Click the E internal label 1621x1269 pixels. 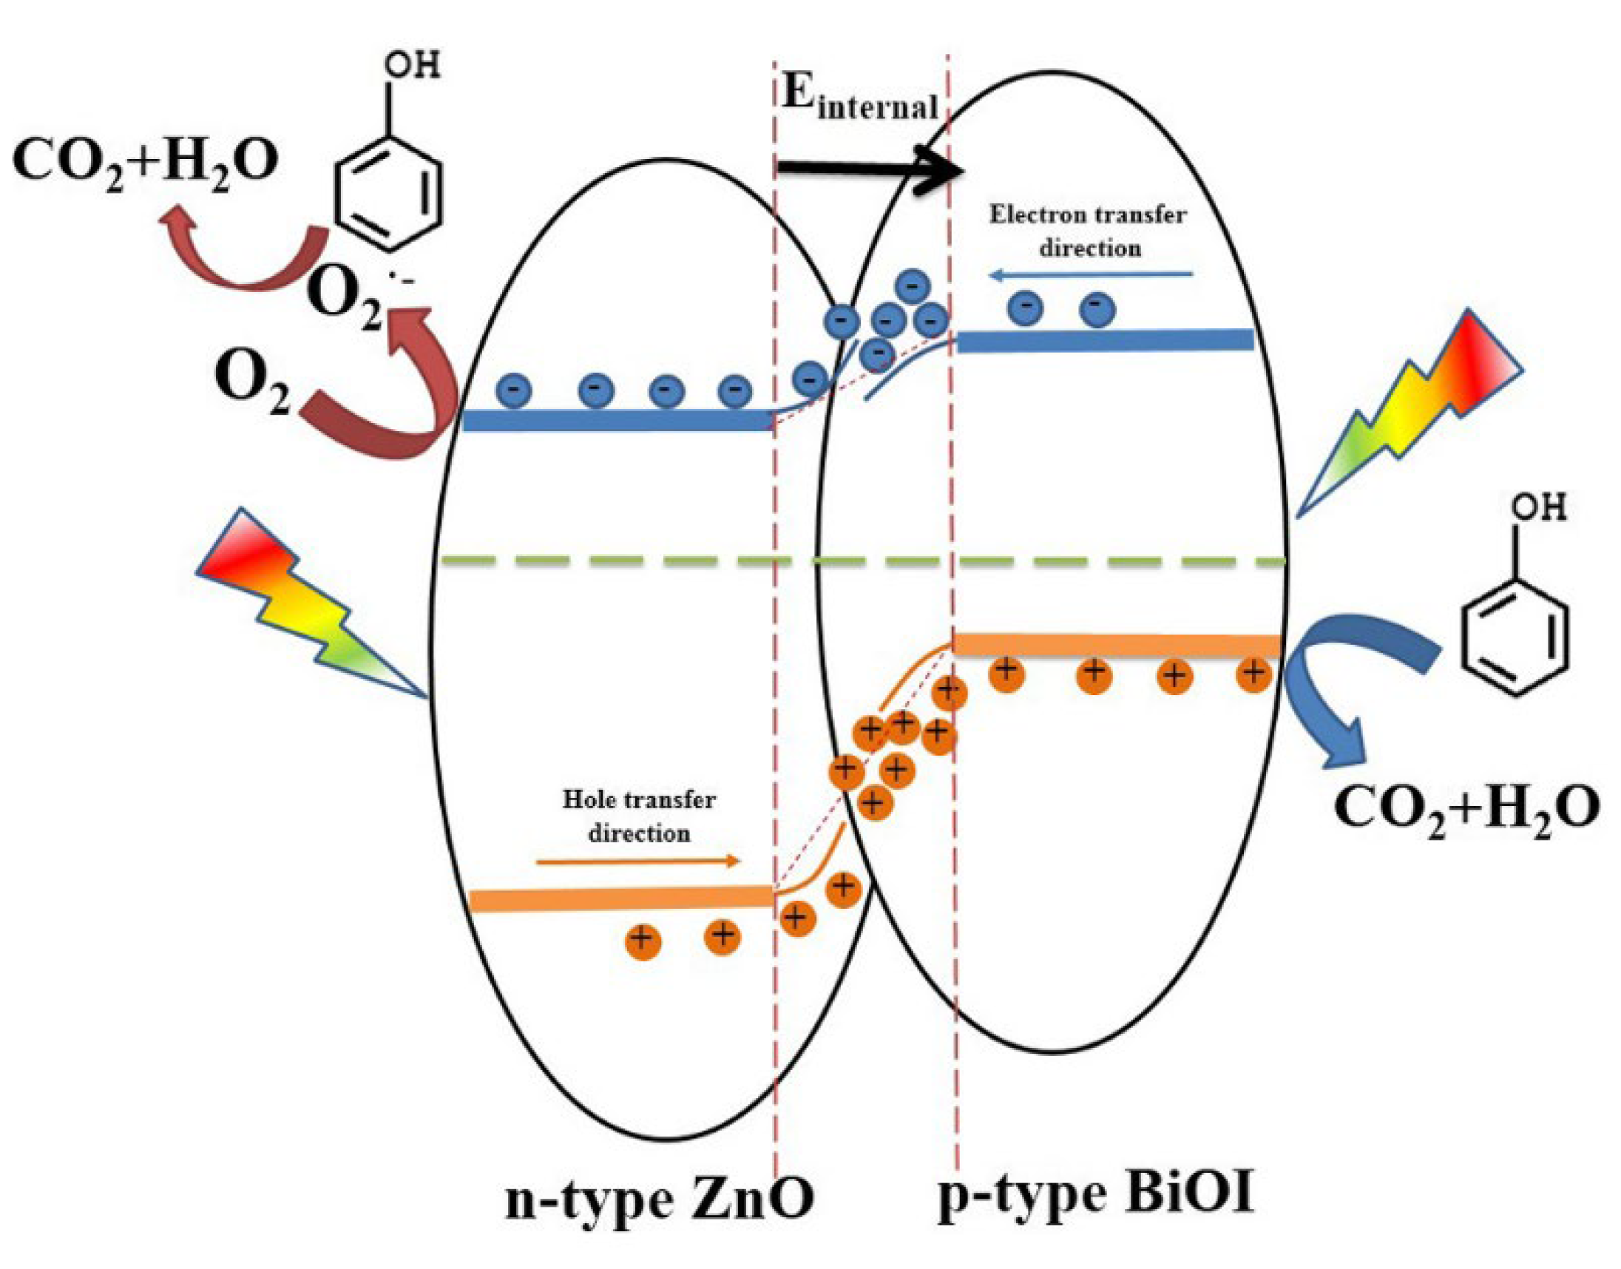[859, 98]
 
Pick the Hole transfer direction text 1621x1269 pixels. [639, 816]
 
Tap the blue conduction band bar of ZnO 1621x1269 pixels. [617, 421]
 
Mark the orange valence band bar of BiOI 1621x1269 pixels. [1114, 645]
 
